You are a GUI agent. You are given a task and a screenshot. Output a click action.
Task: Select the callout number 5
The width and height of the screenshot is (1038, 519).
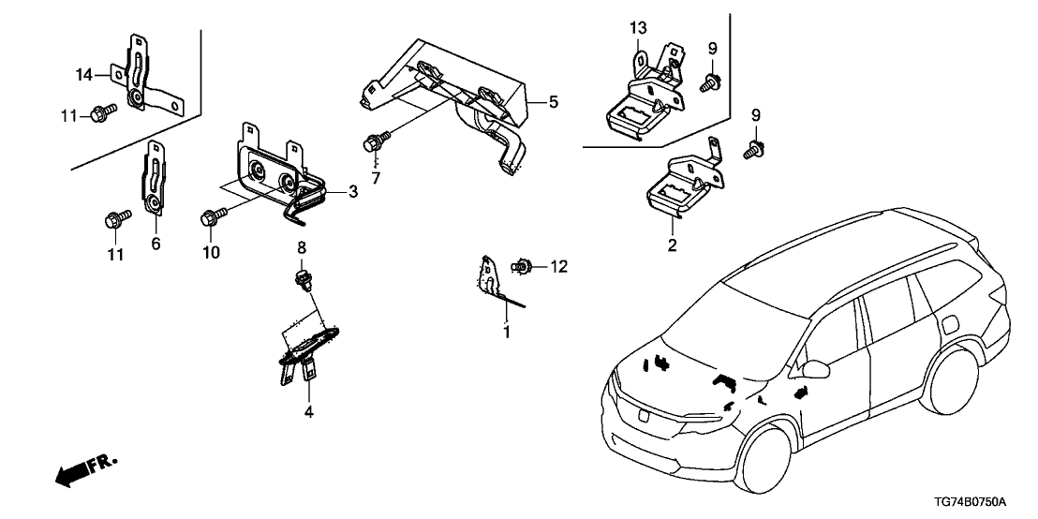pos(552,101)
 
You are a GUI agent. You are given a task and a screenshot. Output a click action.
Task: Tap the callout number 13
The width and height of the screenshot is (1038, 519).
pos(638,28)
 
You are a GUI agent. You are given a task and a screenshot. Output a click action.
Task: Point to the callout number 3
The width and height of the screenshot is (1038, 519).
pos(352,192)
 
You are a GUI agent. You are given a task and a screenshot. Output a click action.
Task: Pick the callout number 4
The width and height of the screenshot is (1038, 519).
pos(308,410)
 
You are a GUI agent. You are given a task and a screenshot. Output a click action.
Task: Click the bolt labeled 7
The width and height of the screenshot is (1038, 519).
pos(374,143)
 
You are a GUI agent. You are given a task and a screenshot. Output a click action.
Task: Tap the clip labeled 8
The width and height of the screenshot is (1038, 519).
pos(302,277)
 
